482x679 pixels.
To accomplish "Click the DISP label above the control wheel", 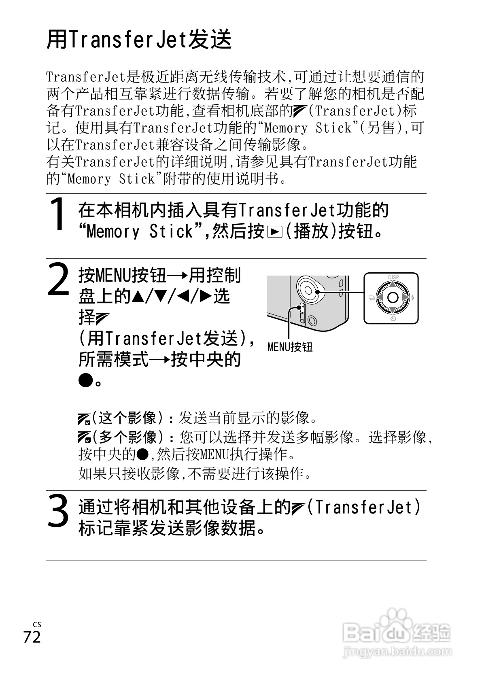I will pos(393,278).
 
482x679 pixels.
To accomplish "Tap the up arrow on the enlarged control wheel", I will pos(393,285).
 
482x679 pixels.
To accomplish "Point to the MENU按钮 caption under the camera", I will pos(290,347).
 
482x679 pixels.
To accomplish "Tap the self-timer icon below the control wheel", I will pos(393,319).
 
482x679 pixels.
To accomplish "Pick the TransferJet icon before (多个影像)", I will pos(84,438).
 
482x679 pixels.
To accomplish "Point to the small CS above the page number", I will pos(37,625).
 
